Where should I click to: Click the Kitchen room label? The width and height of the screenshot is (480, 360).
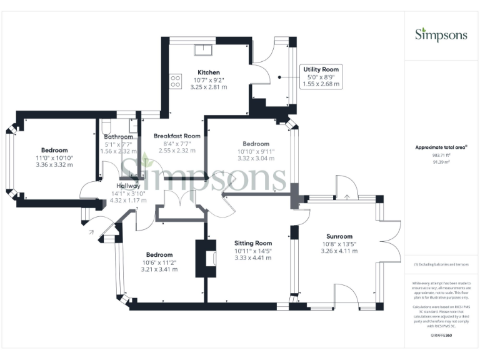click(x=208, y=72)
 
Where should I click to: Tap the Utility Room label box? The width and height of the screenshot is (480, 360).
click(x=321, y=76)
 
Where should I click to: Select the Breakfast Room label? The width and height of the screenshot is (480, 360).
click(x=177, y=136)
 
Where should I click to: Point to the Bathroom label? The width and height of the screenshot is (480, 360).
click(x=118, y=136)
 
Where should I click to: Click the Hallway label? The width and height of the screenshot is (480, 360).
click(x=128, y=186)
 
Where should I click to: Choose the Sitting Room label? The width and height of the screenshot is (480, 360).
click(x=253, y=243)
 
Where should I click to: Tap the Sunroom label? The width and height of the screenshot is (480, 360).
click(x=339, y=236)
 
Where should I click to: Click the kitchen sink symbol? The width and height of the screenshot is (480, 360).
click(x=204, y=50)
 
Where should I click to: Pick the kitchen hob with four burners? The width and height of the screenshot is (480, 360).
click(x=176, y=81)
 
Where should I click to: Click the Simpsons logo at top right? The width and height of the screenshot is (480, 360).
click(x=441, y=34)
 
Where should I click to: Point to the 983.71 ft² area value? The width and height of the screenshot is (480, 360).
click(x=441, y=155)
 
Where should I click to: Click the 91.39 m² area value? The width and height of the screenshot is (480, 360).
click(x=441, y=162)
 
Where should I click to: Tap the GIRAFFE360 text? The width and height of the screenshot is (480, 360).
click(x=441, y=336)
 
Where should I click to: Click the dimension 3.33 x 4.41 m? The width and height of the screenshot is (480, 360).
click(x=253, y=257)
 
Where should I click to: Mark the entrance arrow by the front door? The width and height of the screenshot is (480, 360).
click(x=91, y=232)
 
